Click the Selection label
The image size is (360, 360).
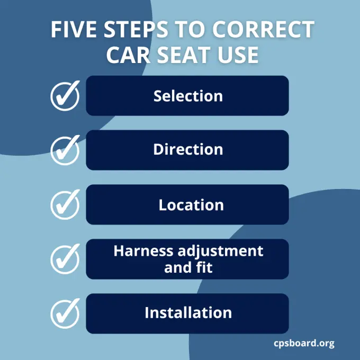188,96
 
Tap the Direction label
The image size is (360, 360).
188,150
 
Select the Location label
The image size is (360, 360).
191,205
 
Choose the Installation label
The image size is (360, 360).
188,313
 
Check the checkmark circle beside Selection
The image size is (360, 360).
65,96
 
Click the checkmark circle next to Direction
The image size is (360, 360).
65,150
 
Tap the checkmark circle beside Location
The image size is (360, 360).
65,205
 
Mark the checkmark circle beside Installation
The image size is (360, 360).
65,313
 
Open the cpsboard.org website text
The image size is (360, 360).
304,343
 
